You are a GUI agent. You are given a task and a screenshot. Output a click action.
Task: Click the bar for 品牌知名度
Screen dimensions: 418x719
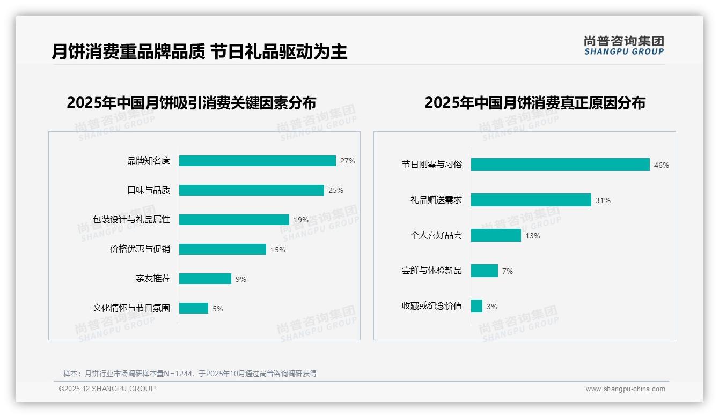[x=258, y=161]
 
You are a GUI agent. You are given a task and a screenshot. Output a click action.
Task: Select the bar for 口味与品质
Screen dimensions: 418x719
[x=252, y=190]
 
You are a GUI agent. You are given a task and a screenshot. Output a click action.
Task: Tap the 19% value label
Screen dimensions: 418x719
[x=301, y=220]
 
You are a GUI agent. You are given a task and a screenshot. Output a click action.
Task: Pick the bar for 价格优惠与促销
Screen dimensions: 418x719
[x=223, y=249]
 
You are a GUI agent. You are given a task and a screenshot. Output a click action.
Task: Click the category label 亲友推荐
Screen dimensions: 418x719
[x=153, y=279]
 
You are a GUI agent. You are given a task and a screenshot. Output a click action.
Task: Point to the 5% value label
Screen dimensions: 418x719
[x=218, y=309]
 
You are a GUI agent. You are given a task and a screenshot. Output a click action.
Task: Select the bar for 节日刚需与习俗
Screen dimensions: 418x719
[x=560, y=165]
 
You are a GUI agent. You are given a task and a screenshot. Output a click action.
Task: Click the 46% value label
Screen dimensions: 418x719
[x=662, y=165]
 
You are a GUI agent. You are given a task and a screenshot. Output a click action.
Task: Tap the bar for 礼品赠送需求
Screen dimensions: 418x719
[x=531, y=200]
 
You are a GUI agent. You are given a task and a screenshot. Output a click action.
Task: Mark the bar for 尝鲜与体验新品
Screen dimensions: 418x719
[x=485, y=271]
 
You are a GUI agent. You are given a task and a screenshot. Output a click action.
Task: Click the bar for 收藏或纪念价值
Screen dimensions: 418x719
[x=476, y=306]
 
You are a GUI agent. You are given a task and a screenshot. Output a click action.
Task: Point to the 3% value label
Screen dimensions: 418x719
[x=492, y=307]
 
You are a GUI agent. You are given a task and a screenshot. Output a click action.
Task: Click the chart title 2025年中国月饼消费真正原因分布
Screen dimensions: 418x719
[x=535, y=103]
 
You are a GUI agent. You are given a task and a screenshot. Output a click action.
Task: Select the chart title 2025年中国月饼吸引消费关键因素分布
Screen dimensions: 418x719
[x=192, y=103]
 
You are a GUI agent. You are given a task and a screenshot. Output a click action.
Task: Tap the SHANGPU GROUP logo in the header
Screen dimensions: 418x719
[x=624, y=46]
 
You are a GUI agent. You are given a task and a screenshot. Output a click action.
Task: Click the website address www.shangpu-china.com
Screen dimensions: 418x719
[x=625, y=389]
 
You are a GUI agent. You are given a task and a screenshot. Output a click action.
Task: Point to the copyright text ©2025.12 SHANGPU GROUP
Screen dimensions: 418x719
[x=107, y=389]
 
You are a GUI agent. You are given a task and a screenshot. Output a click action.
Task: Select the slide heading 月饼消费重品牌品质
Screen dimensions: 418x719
[x=128, y=51]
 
